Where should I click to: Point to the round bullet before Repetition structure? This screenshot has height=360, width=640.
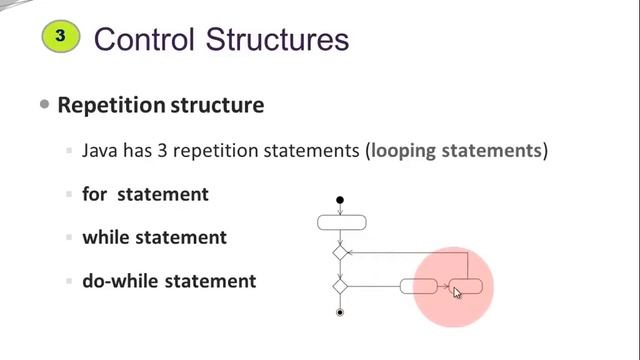click(x=44, y=104)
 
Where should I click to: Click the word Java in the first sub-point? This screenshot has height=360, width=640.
click(x=104, y=152)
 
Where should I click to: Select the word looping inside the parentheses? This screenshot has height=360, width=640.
click(x=407, y=152)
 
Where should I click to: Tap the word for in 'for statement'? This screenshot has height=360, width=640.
click(x=94, y=195)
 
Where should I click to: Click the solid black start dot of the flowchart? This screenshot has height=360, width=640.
click(x=340, y=201)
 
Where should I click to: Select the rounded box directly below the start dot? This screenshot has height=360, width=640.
click(x=340, y=222)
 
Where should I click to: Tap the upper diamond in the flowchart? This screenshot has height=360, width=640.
click(x=340, y=254)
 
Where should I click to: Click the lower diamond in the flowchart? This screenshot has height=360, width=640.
click(x=340, y=287)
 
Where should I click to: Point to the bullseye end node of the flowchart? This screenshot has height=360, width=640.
click(x=340, y=313)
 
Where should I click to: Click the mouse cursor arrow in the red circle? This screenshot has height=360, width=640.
click(x=456, y=292)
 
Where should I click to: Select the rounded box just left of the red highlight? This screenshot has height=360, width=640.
click(x=418, y=287)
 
